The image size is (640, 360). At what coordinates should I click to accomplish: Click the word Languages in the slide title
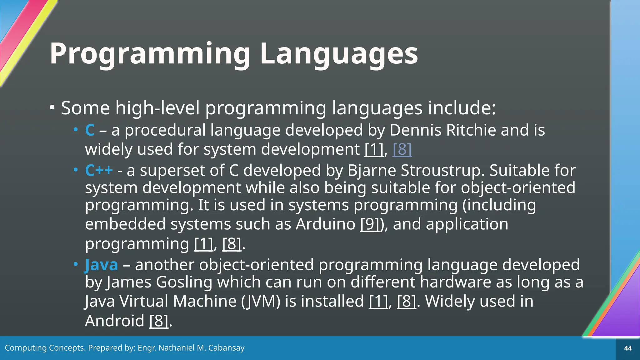point(339,54)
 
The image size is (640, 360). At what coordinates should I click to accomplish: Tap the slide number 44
point(628,348)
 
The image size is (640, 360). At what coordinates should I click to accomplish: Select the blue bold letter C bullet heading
point(90,130)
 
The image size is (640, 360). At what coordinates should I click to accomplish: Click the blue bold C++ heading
point(99,171)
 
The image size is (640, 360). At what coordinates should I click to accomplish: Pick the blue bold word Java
point(101,265)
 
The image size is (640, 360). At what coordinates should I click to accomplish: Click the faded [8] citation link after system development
point(402,149)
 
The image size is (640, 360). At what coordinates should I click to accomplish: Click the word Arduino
point(325,224)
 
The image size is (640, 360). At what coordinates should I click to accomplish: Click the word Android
point(114,321)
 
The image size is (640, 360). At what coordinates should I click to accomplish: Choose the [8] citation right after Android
point(159,321)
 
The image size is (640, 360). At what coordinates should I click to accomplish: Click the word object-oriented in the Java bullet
point(256,265)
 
